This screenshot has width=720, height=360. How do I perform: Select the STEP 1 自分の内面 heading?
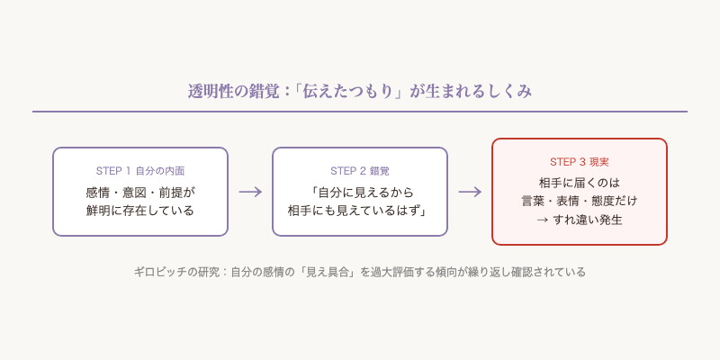click(x=140, y=171)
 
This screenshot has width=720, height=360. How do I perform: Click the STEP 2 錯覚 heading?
click(x=360, y=171)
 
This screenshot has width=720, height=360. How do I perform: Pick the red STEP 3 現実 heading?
click(x=580, y=162)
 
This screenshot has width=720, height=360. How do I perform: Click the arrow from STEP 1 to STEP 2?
click(x=250, y=192)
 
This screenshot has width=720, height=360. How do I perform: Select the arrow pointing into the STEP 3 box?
click(x=470, y=192)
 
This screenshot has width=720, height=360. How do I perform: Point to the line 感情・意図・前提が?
click(x=140, y=192)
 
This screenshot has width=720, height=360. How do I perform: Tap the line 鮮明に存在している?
click(x=140, y=211)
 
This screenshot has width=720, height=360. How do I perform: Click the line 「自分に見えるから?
click(x=360, y=192)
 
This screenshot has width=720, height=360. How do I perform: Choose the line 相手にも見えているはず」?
click(x=360, y=211)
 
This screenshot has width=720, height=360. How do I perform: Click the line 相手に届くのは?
click(x=580, y=182)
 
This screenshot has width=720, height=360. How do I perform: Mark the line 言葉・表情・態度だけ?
click(x=580, y=201)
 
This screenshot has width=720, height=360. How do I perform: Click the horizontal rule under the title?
click(x=360, y=112)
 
